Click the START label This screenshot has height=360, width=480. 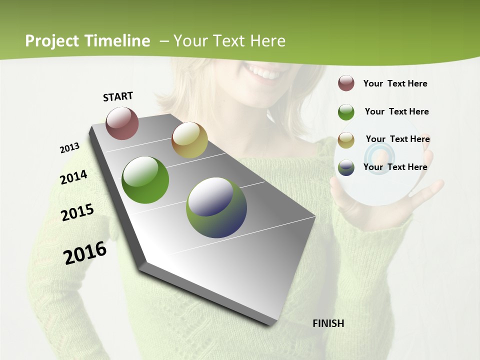tap(118, 96)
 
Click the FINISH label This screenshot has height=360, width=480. tap(328, 323)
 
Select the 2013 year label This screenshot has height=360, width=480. tap(69, 148)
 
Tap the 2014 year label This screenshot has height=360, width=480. tap(73, 177)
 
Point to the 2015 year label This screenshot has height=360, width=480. tap(77, 212)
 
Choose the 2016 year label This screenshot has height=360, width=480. tap(85, 253)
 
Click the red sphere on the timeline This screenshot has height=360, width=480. tap(122, 123)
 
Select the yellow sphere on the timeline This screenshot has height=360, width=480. tap(189, 140)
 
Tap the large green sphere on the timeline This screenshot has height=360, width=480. tap(145, 180)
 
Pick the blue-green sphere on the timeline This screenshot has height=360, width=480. tap(216, 207)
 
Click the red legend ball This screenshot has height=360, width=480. tap(346, 83)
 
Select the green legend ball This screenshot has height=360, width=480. tap(346, 112)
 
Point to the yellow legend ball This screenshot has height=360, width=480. tap(346, 140)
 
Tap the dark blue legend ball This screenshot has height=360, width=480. tap(346, 167)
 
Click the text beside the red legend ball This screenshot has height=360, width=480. tap(395, 83)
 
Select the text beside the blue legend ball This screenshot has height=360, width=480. tap(395, 167)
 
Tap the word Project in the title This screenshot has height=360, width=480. tap(51, 41)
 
